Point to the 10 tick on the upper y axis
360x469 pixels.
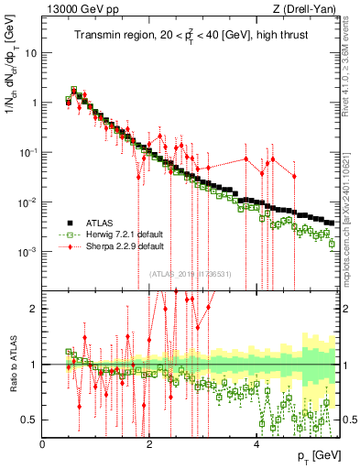(x=31, y=53)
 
